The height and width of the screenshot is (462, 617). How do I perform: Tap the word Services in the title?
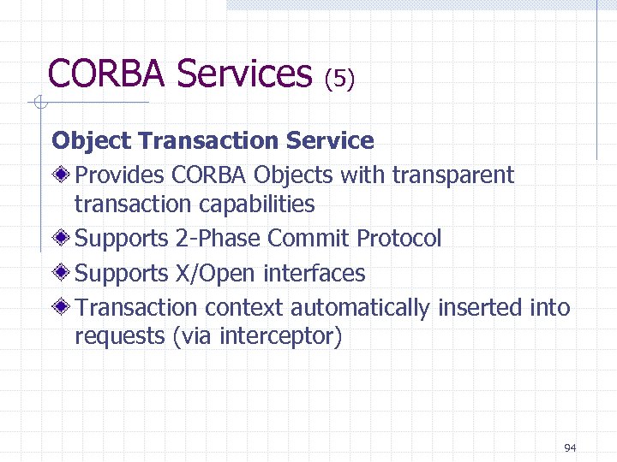[244, 74]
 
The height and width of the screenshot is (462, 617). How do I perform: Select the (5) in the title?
[338, 79]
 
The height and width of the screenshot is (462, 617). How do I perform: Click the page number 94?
[570, 447]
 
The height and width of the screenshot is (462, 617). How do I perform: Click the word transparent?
[452, 175]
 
